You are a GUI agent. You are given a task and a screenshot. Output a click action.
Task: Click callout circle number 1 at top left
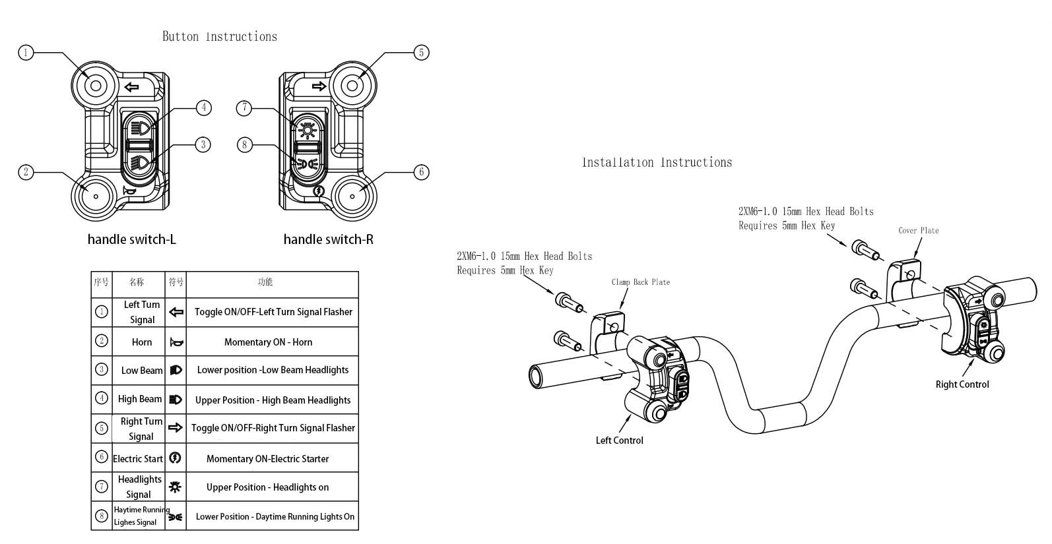click(x=26, y=53)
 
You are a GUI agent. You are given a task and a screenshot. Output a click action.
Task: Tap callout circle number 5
click(x=421, y=53)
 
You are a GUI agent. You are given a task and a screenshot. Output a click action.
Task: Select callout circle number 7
click(x=244, y=108)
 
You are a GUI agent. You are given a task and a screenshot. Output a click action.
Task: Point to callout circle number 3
click(x=203, y=144)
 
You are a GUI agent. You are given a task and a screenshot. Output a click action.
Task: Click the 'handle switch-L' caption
click(x=131, y=239)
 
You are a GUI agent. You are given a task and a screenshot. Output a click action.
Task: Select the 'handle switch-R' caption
click(x=328, y=239)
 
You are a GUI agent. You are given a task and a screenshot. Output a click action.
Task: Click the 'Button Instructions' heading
click(x=220, y=37)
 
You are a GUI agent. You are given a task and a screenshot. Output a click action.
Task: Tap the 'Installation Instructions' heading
click(x=657, y=162)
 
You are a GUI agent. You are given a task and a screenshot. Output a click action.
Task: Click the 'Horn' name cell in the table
click(x=142, y=342)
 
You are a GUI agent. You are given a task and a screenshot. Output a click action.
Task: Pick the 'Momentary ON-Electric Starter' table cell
click(x=268, y=458)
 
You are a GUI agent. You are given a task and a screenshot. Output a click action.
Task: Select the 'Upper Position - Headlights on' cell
click(x=268, y=487)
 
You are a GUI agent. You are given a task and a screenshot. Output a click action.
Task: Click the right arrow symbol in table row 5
click(x=175, y=427)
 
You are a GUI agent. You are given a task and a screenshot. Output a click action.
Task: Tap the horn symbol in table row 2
click(x=176, y=343)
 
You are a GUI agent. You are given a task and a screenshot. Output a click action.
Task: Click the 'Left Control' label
click(x=620, y=440)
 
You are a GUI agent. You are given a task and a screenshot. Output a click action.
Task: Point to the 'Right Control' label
click(x=962, y=384)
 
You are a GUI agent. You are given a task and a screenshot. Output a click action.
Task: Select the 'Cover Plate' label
click(x=919, y=231)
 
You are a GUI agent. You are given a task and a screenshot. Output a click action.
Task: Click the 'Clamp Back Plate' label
click(x=641, y=282)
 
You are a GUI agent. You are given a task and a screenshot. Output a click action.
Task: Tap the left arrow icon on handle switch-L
click(x=132, y=87)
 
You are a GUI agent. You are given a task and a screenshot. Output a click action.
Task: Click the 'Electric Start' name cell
click(x=138, y=458)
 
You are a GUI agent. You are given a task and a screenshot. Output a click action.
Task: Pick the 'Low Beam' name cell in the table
click(x=142, y=371)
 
